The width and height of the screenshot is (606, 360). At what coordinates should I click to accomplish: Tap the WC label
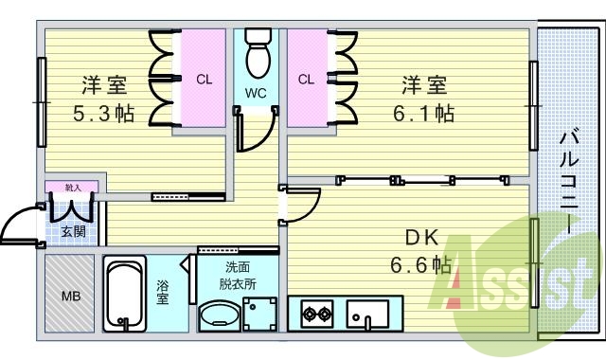click(256, 94)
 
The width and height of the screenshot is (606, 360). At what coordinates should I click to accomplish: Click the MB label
click(71, 297)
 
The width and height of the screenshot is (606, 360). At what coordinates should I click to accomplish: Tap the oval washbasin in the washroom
click(218, 314)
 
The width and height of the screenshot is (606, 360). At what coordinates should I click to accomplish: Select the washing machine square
click(258, 311)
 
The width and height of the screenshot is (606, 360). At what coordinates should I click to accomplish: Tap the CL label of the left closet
click(204, 80)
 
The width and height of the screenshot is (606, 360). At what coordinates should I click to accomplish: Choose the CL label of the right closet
click(305, 80)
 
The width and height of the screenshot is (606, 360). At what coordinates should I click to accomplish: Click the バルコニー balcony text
click(568, 180)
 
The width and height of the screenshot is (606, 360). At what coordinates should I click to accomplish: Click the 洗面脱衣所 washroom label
click(237, 275)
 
